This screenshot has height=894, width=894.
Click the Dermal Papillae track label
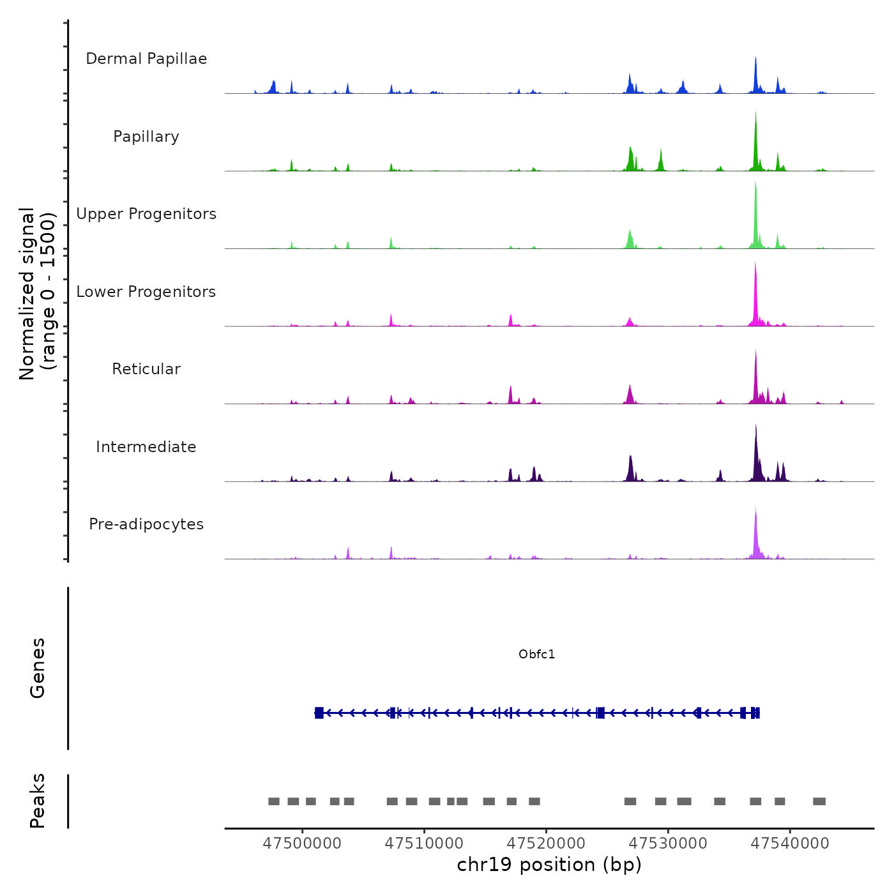coord(146,59)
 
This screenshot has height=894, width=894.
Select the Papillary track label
coord(146,137)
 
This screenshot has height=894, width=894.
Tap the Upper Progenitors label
coord(146,214)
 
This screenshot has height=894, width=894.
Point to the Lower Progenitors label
coord(146,292)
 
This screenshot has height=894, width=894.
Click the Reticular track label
coord(146,369)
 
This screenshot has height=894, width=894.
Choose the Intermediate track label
coord(146,447)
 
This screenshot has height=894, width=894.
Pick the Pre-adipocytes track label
coord(146,524)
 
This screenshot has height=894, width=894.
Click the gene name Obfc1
coord(536,655)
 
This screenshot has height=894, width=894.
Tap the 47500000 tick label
coord(302,844)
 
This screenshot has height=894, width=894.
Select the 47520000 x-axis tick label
coord(546,844)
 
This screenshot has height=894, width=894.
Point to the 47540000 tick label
coord(790,844)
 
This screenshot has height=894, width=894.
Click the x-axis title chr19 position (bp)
coord(549,865)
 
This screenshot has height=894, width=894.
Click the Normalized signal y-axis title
coord(37,294)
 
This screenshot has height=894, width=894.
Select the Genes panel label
coord(38,668)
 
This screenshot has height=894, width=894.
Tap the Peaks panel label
coord(38,801)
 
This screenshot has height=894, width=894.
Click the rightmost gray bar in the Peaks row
coord(819,801)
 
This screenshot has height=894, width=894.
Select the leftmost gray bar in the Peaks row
coord(274,801)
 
